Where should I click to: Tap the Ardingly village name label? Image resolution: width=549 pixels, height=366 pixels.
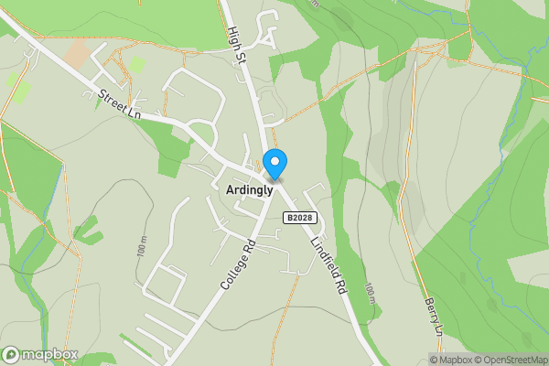click(248, 188)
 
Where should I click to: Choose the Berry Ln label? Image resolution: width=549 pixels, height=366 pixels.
click(433, 315)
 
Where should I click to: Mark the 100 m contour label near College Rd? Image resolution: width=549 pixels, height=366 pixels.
click(143, 251)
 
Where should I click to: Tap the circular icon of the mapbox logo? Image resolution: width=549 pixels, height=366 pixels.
click(12, 355)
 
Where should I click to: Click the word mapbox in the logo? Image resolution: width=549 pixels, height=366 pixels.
click(49, 355)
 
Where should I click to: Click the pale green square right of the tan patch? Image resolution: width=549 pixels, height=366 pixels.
click(136, 65)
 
